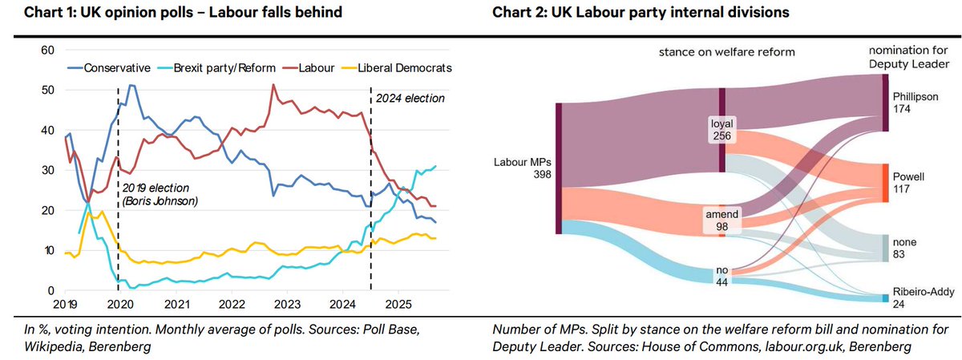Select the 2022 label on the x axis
click(232, 305)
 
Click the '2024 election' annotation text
click(410, 99)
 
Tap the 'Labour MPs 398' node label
click(523, 169)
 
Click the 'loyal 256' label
click(721, 130)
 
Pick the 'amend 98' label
click(721, 220)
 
